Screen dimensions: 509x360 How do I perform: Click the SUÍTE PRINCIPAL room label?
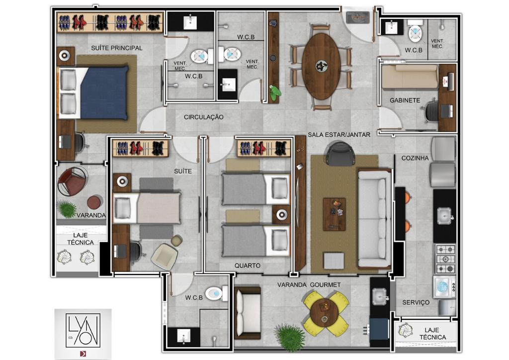click(116, 48)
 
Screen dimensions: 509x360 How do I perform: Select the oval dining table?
click(321, 66)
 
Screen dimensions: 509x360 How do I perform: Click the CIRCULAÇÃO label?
click(203, 117)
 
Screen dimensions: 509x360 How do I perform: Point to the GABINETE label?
click(405, 100)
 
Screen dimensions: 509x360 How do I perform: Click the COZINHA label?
click(415, 158)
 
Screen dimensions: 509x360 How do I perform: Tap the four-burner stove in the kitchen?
click(445, 259)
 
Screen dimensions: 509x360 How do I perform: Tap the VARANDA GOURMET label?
click(309, 285)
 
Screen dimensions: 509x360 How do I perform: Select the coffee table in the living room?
click(334, 214)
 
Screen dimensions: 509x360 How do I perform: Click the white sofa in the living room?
click(375, 218)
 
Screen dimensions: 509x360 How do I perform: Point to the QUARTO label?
click(248, 266)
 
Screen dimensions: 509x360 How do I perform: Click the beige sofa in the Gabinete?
click(410, 77)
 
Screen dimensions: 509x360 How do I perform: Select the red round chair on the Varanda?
click(72, 181)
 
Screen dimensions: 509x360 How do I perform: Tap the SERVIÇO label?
click(416, 302)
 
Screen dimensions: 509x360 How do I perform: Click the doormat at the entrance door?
click(358, 17)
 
